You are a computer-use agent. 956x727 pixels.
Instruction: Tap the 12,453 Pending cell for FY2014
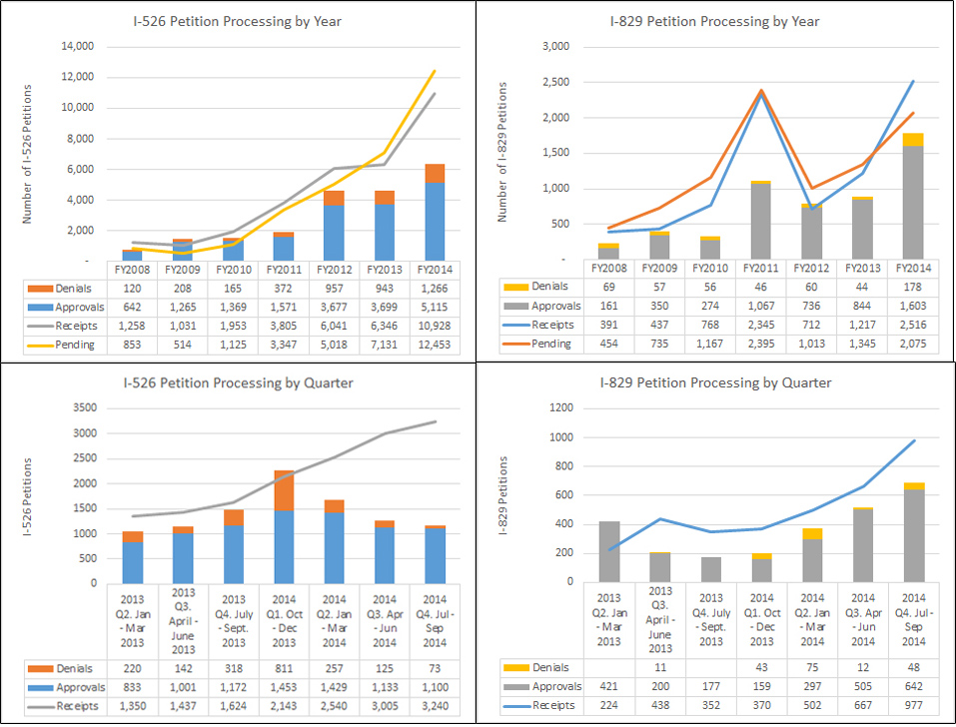pyautogui.click(x=434, y=344)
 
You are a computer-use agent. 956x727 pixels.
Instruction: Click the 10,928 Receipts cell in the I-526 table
pyautogui.click(x=434, y=325)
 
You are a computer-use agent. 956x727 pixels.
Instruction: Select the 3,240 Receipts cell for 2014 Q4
pyautogui.click(x=434, y=705)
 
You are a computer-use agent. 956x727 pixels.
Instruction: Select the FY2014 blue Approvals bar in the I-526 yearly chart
pyautogui.click(x=434, y=222)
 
